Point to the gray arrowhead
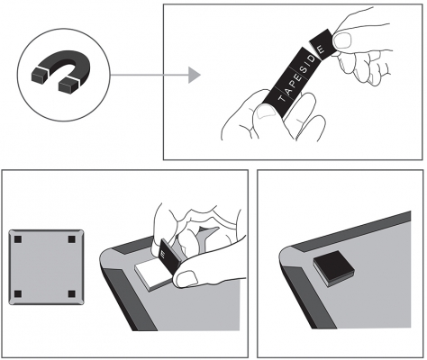pos(194,75)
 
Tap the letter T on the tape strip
pos(281,99)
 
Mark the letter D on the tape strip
pos(313,58)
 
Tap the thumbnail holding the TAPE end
pos(266,111)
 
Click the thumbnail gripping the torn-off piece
pos(342,41)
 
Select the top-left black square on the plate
pos(18,239)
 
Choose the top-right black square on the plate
pos(72,239)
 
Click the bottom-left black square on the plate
pos(18,293)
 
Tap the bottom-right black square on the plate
pos(72,293)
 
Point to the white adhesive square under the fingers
pos(149,274)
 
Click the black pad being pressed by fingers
pos(168,256)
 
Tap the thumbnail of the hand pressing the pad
pos(186,278)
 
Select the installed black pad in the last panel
pos(333,268)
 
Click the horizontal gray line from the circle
pos(150,75)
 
